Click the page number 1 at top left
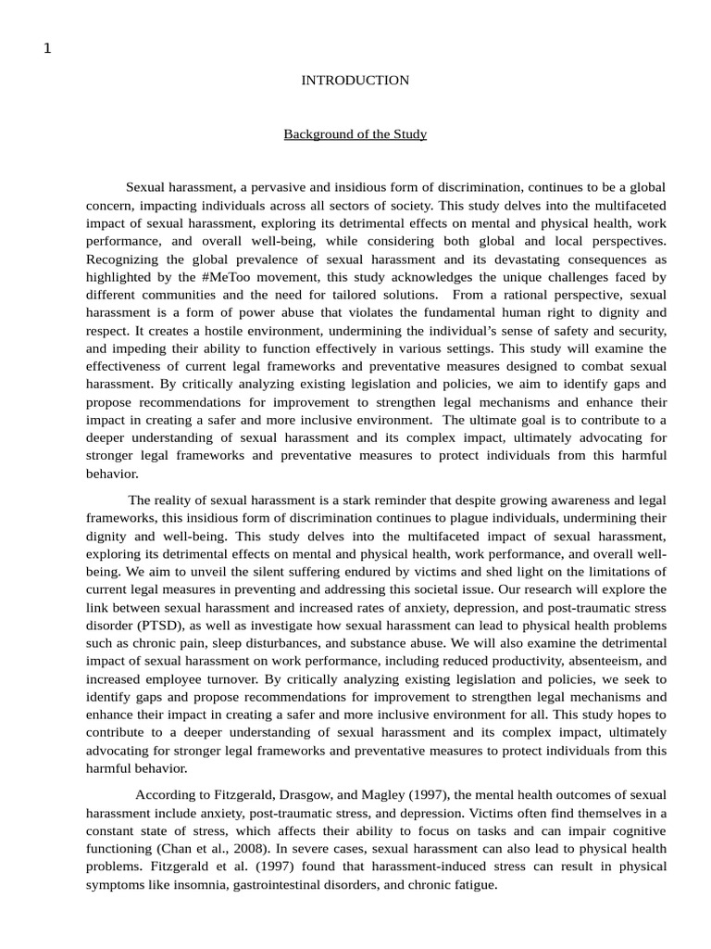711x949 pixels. pyautogui.click(x=47, y=49)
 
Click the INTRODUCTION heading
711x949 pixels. pyautogui.click(x=355, y=81)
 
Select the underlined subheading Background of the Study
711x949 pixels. pyautogui.click(x=355, y=134)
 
